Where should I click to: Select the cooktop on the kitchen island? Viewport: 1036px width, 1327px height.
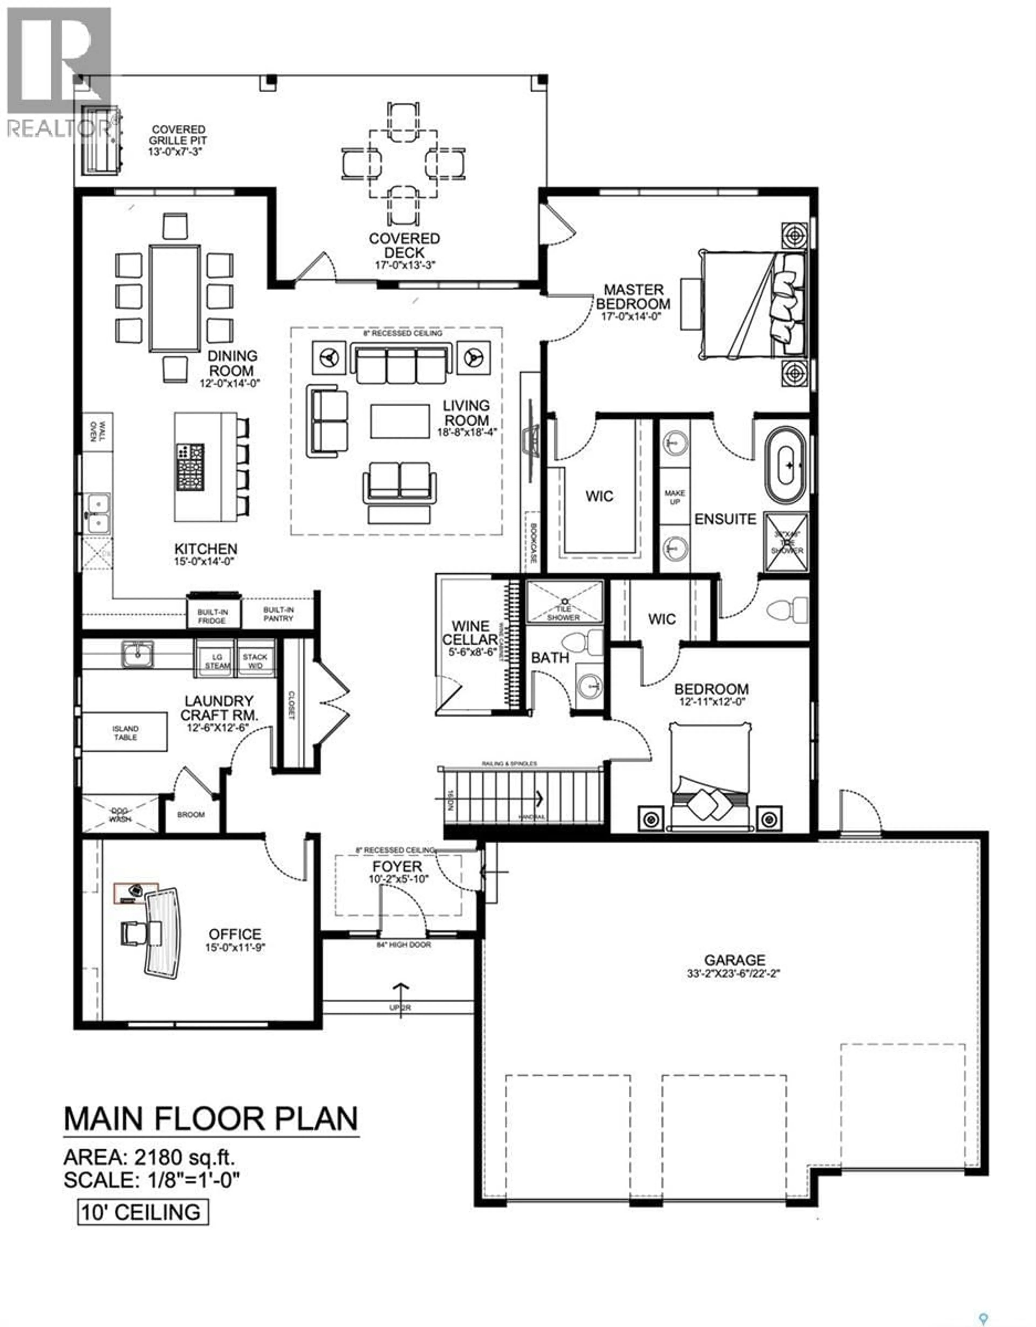click(x=190, y=467)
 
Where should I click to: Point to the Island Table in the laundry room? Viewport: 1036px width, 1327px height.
click(x=125, y=732)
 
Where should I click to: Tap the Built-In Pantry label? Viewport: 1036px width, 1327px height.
click(x=278, y=614)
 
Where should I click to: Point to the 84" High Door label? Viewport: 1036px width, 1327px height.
click(x=403, y=945)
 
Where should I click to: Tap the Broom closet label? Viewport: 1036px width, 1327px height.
click(x=191, y=814)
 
